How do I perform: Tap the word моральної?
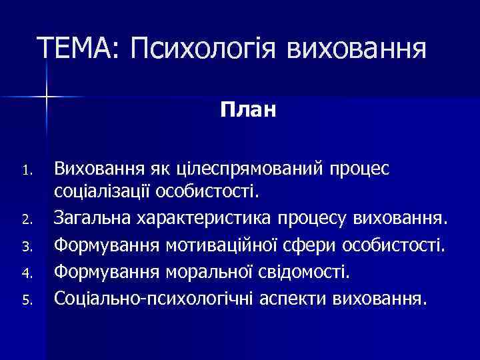tap(213, 272)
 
